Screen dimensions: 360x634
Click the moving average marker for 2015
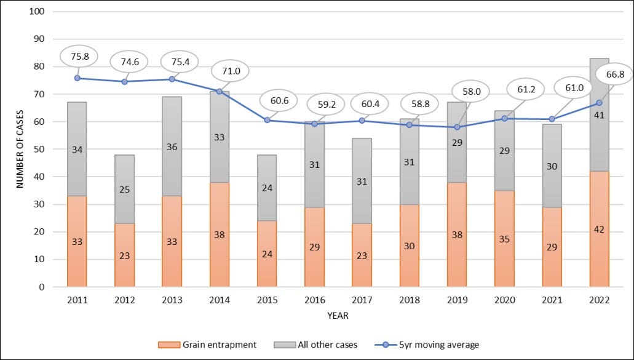267,120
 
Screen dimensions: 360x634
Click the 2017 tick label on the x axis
362,300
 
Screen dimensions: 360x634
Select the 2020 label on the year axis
504,300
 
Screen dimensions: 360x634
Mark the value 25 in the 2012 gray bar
125,190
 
